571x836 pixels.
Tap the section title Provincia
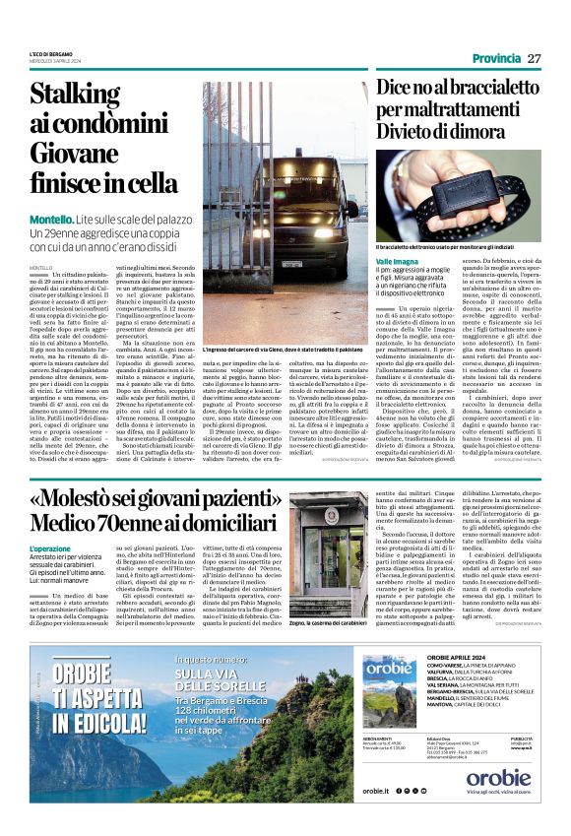tap(496, 59)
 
